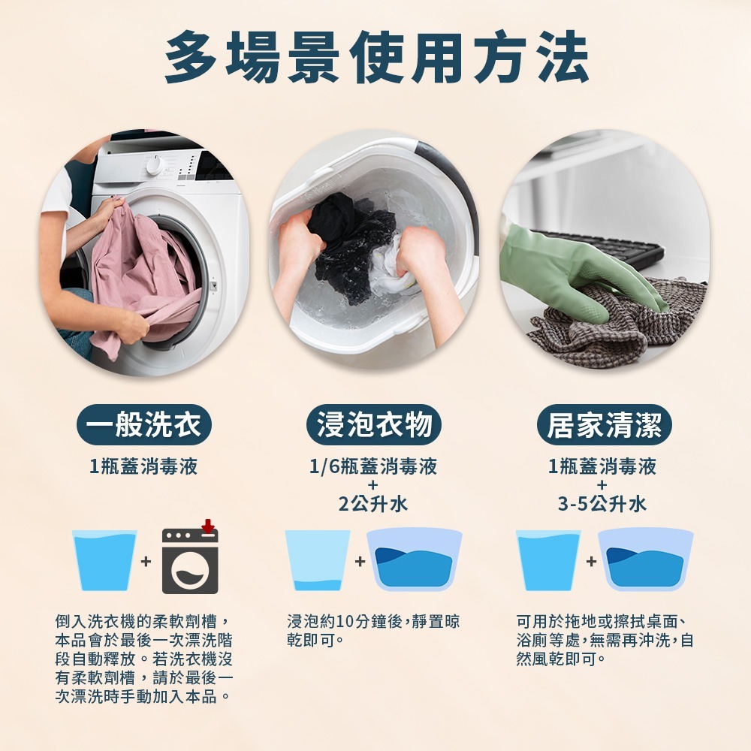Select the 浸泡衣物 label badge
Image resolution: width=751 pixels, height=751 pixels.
coord(374,426)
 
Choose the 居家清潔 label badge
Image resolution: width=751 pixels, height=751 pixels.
coord(604,426)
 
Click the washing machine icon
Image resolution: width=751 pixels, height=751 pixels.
coord(190,562)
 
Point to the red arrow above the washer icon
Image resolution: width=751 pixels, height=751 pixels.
coord(207,526)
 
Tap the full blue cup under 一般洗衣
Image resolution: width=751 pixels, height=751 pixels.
coord(104,559)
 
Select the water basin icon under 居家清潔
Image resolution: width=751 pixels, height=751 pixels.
coord(646,560)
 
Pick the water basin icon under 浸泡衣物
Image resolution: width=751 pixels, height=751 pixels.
coord(414,560)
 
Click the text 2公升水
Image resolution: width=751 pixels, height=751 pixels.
coord(373,504)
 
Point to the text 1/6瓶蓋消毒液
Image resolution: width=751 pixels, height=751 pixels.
coord(373,467)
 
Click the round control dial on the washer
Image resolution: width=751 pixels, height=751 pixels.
coord(155,165)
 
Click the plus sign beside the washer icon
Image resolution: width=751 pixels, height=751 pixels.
coord(146,561)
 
